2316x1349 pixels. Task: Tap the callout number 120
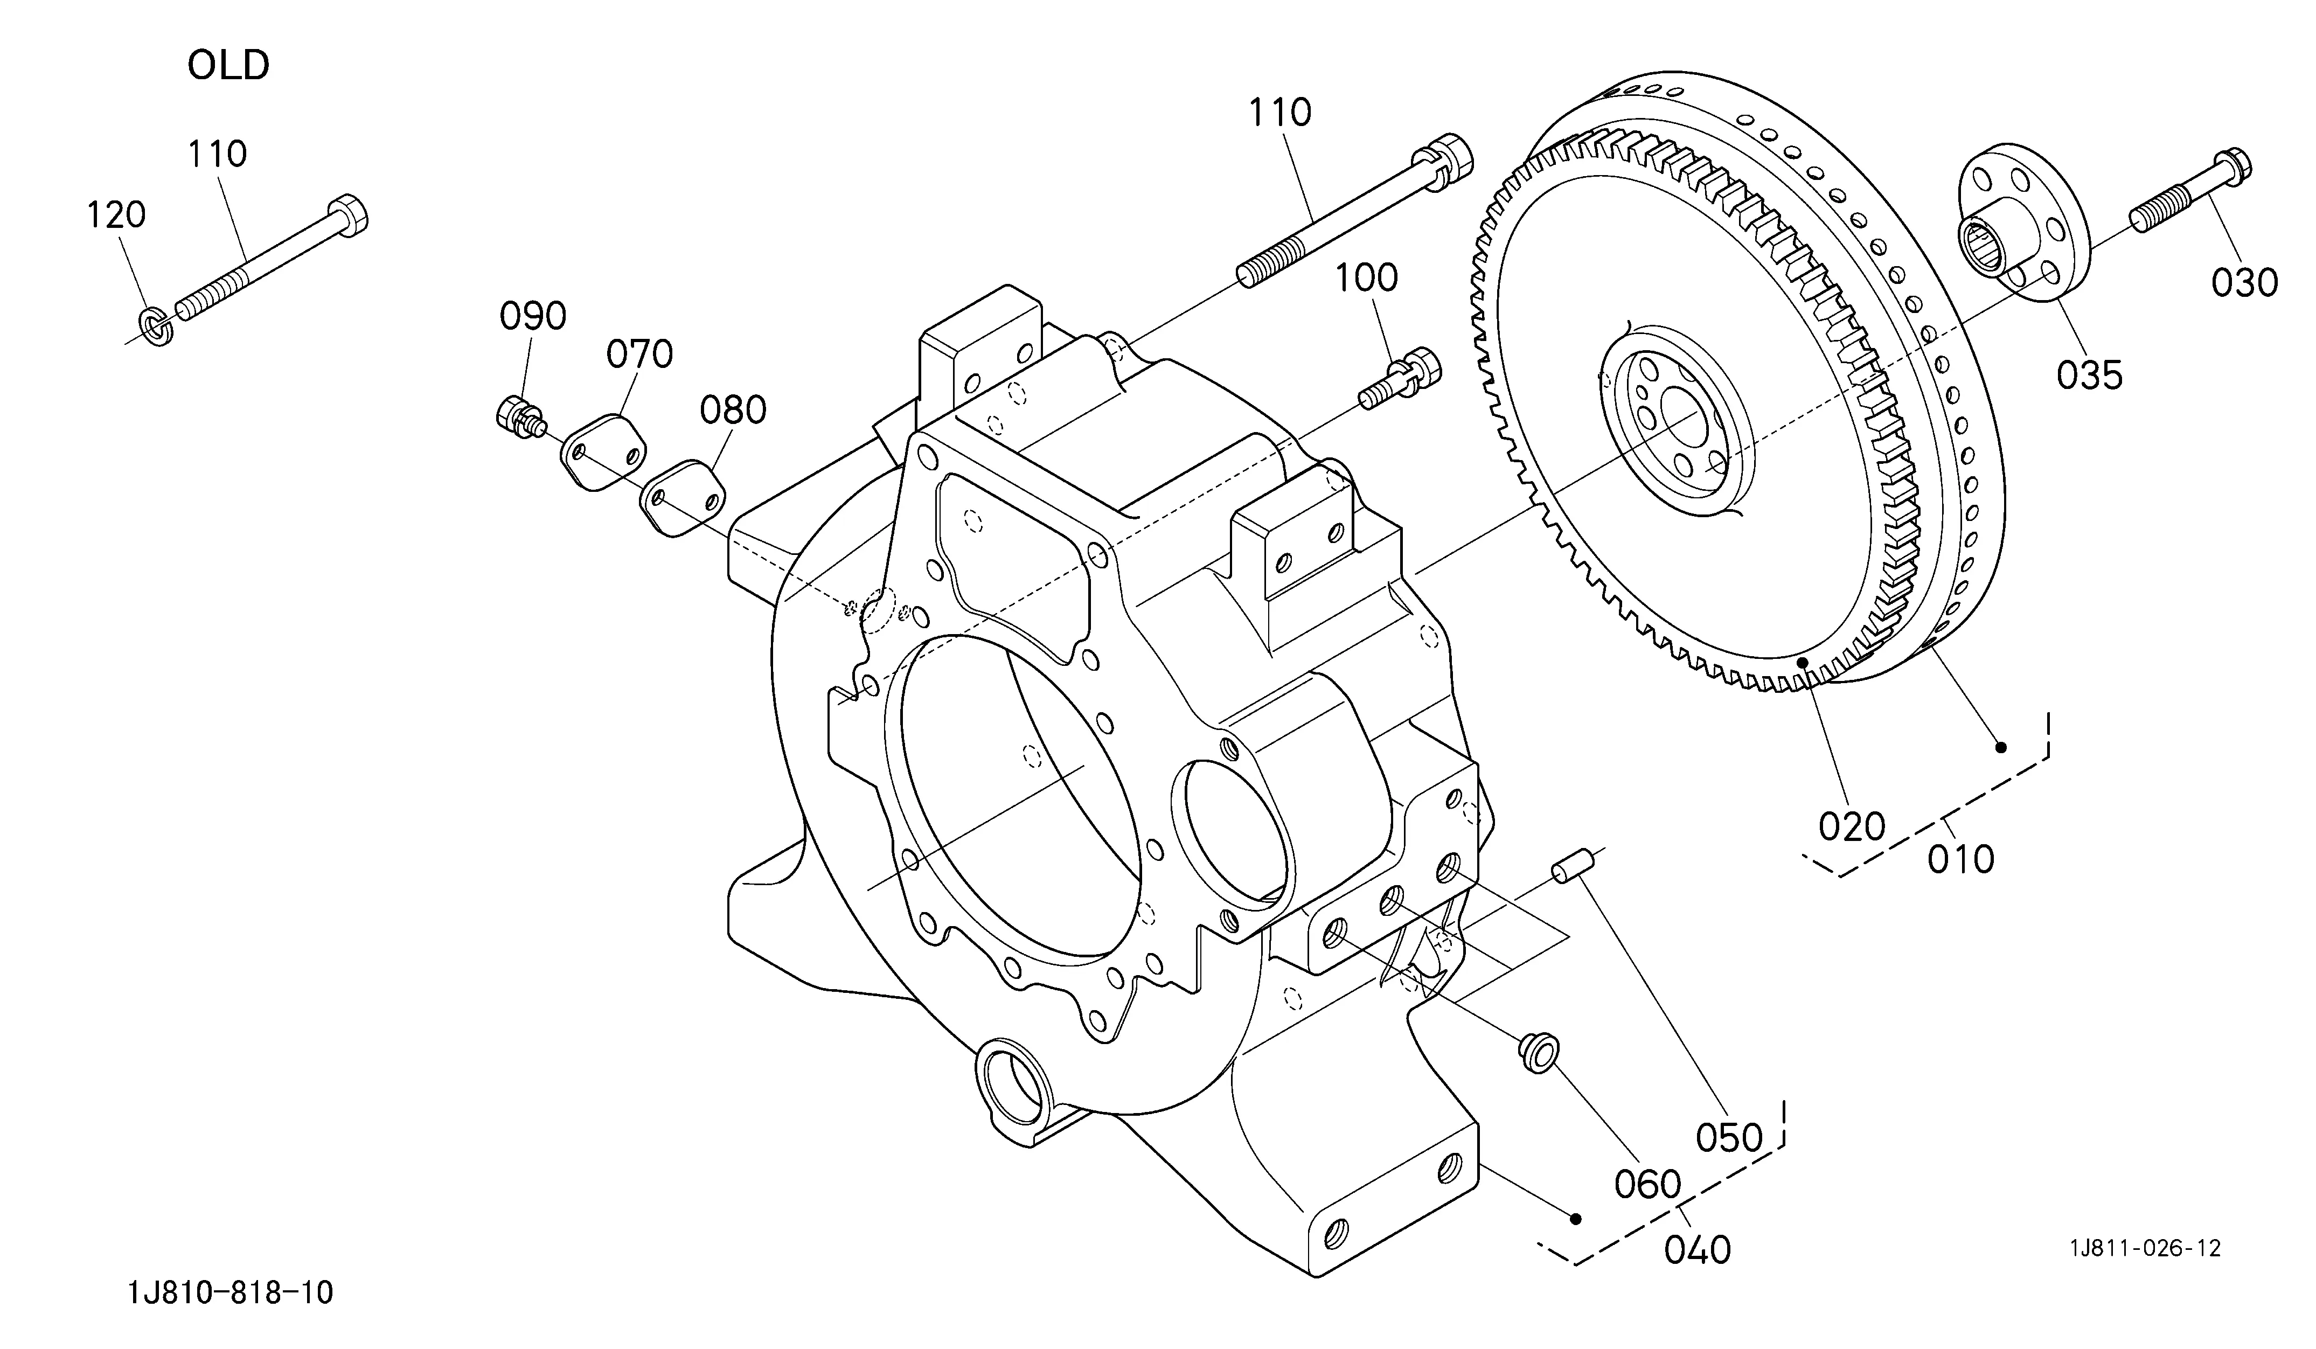(117, 215)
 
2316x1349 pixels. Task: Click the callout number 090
(533, 316)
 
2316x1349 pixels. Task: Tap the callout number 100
(1367, 277)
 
